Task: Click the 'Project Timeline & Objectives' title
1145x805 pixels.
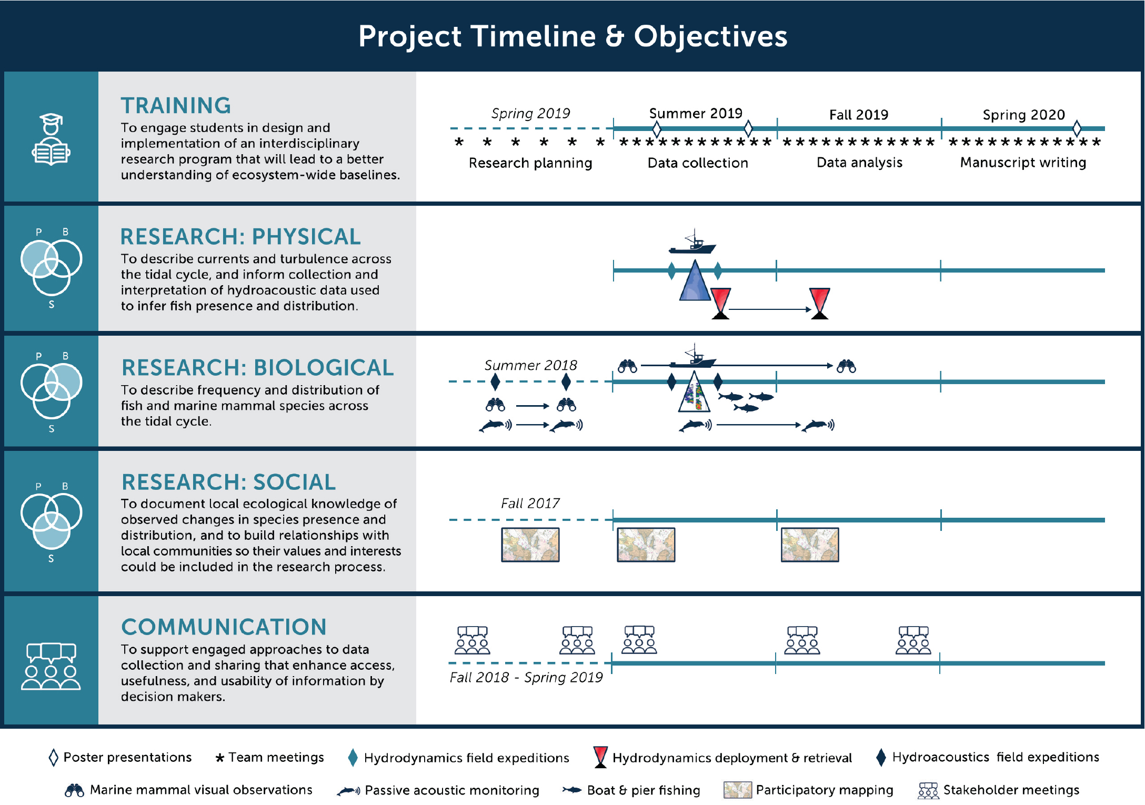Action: (x=572, y=36)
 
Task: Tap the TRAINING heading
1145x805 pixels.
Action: (x=176, y=105)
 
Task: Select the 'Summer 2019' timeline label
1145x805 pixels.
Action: (x=696, y=113)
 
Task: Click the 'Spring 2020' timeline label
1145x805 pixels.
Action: (x=1023, y=115)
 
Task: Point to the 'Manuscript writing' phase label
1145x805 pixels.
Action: (x=1023, y=163)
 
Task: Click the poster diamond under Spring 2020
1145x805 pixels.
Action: (x=1077, y=128)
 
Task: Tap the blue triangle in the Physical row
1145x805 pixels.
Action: (x=695, y=280)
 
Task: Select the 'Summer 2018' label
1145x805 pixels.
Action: (x=530, y=365)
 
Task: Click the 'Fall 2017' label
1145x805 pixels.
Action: (x=530, y=504)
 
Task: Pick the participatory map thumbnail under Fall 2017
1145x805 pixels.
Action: (x=530, y=545)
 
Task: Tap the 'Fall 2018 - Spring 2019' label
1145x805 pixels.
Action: (x=526, y=677)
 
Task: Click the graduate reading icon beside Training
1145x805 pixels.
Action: (x=51, y=139)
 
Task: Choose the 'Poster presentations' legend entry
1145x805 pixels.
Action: (x=120, y=757)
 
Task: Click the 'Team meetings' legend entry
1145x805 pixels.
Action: (x=269, y=757)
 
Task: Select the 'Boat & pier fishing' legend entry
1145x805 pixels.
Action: (x=631, y=790)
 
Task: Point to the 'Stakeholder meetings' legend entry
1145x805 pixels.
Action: (x=998, y=790)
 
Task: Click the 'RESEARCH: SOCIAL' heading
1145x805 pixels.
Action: (x=228, y=482)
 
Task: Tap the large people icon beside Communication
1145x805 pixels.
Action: (x=51, y=666)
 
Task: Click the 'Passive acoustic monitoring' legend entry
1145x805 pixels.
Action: (x=438, y=790)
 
